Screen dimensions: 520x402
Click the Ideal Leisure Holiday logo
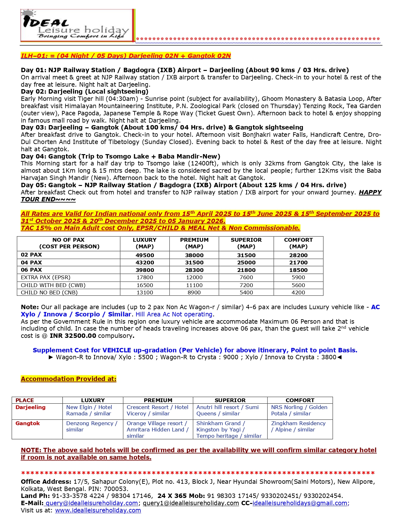pyautogui.click(x=78, y=26)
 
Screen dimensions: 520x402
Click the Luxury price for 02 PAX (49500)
pyautogui.click(x=144, y=255)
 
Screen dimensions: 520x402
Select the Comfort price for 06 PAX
pyautogui.click(x=298, y=270)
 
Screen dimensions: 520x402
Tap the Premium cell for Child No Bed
pyautogui.click(x=194, y=292)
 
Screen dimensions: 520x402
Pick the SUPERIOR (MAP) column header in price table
pyautogui.click(x=246, y=243)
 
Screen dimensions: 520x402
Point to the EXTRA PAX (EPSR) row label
pyautogui.click(x=45, y=277)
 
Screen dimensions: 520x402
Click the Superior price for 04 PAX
pyautogui.click(x=246, y=263)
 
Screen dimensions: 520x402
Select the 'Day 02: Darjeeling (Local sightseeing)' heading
pyautogui.click(x=84, y=91)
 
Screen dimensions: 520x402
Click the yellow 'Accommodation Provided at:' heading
pyautogui.click(x=68, y=379)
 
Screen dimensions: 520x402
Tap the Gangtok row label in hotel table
pyautogui.click(x=28, y=423)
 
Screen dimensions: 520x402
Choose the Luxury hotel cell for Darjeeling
pyautogui.click(x=89, y=410)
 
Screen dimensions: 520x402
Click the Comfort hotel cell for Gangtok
pyautogui.click(x=298, y=426)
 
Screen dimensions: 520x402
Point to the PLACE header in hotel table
pyautogui.click(x=25, y=400)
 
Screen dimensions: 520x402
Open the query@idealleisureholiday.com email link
pyautogui.click(x=92, y=503)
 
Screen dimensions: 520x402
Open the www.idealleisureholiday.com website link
pyautogui.click(x=98, y=510)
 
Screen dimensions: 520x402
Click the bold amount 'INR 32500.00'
pyautogui.click(x=73, y=336)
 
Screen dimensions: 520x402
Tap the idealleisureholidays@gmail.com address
pyautogui.click(x=300, y=503)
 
